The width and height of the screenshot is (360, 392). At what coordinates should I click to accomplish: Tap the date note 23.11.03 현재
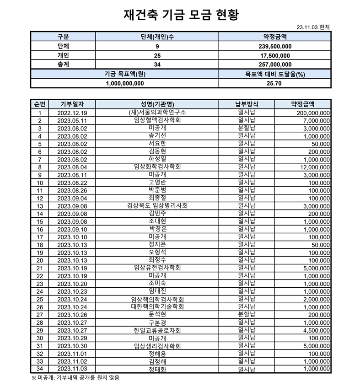click(x=313, y=27)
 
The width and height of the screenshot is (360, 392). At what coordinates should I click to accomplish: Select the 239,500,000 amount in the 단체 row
click(x=275, y=47)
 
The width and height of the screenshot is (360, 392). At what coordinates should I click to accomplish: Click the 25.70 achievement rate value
click(x=275, y=84)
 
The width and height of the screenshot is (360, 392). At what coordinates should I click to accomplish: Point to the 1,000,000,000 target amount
click(x=124, y=84)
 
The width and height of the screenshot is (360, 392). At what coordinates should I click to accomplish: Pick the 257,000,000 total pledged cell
click(x=275, y=64)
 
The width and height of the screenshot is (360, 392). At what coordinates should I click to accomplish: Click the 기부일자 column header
click(x=72, y=104)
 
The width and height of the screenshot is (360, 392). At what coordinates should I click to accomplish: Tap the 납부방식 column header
click(x=247, y=104)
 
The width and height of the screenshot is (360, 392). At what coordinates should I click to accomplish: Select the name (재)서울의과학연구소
click(x=157, y=113)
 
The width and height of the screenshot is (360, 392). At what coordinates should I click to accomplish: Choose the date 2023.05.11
click(x=72, y=121)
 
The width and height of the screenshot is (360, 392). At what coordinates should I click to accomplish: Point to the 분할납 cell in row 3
click(x=247, y=128)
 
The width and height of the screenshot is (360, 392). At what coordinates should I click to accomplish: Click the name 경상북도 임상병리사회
click(x=157, y=205)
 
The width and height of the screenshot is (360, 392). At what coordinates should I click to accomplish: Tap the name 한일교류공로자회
click(x=157, y=330)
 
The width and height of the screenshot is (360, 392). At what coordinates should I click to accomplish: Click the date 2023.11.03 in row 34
click(x=72, y=369)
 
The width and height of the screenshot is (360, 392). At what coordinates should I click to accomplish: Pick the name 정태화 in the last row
click(x=157, y=369)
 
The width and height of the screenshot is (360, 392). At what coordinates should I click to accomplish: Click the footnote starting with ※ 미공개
click(x=75, y=378)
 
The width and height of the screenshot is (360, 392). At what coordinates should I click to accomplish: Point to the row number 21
click(x=40, y=268)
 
